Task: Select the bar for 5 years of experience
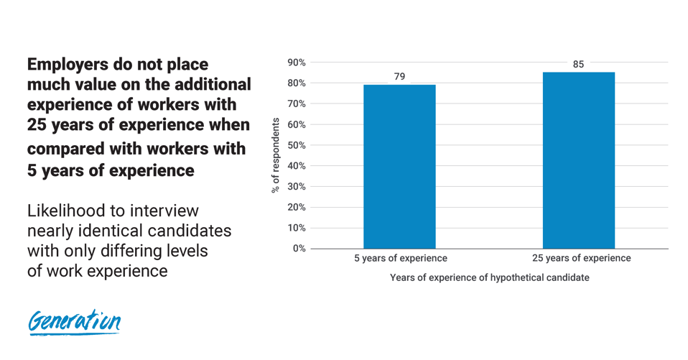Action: [399, 167]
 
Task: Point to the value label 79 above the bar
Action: [399, 76]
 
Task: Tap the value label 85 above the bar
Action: [578, 64]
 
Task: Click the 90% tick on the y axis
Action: [296, 63]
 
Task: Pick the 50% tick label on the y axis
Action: [296, 145]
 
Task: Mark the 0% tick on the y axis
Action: [299, 249]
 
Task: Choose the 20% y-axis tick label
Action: [296, 207]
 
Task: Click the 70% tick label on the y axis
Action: [296, 103]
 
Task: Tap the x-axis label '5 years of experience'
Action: [400, 258]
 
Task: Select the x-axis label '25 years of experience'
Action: [582, 258]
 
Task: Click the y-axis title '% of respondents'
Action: [275, 155]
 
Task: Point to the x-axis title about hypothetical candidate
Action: [489, 277]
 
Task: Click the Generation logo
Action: [74, 322]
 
